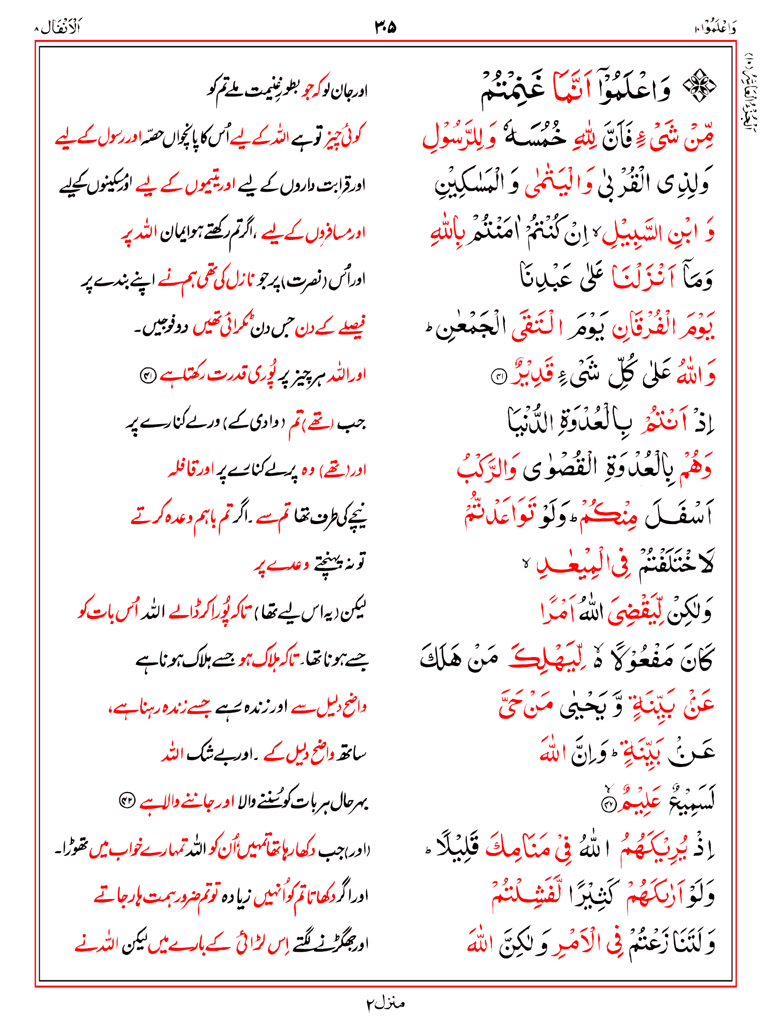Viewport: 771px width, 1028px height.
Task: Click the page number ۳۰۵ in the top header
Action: pos(385,27)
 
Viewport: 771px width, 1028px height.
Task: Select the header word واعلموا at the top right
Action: pos(715,28)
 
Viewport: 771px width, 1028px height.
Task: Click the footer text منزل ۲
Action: pos(385,1003)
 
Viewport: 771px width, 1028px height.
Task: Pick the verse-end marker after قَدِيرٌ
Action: pos(499,376)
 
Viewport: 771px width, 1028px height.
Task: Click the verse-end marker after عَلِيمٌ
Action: pos(608,805)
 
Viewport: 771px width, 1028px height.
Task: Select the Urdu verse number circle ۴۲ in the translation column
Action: pos(126,801)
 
